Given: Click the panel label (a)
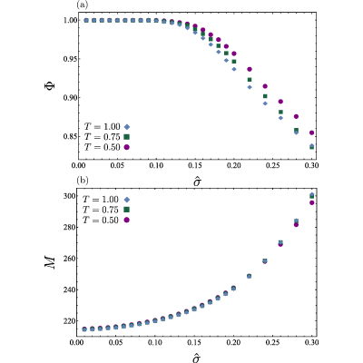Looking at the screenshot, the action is click(83, 5).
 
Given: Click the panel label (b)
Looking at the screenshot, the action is click(83, 181).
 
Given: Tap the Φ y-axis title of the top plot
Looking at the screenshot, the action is click(51, 84).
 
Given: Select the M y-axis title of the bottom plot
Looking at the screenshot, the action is click(50, 262).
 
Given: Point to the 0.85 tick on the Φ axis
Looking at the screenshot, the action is click(70, 137).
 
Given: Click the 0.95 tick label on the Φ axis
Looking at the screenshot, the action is click(70, 59).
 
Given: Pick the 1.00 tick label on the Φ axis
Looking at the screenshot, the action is click(70, 20).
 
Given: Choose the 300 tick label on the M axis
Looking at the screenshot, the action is click(69, 196).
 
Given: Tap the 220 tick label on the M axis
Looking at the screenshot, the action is click(69, 321).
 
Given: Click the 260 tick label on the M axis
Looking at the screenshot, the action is click(69, 259).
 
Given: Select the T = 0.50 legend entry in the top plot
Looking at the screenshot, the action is click(107, 147).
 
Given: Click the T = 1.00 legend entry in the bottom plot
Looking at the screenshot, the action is click(106, 200).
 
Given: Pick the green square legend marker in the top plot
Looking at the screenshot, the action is click(127, 137).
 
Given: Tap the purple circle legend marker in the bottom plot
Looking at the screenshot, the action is click(127, 221).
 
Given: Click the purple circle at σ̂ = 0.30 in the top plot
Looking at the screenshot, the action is click(312, 132).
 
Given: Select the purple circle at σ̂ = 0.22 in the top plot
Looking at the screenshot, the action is click(250, 69).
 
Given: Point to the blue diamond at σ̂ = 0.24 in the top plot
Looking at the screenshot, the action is click(265, 103).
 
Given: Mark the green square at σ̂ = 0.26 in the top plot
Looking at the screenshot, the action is click(280, 113).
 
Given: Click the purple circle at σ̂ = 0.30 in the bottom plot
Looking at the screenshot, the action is click(312, 202).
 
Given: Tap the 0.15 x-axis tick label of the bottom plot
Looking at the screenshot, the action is click(194, 343).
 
